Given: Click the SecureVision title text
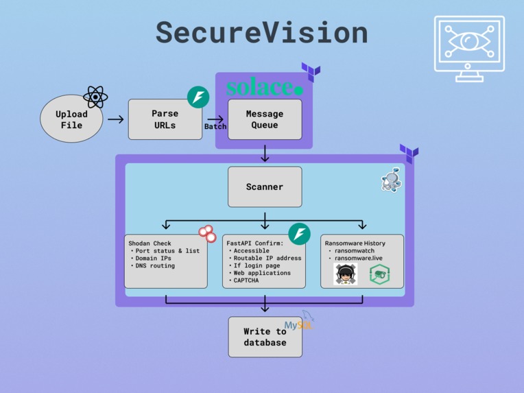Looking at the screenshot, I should (x=261, y=33).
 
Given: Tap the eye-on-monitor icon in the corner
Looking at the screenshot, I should (x=468, y=49).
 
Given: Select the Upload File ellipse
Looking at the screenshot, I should (x=71, y=119).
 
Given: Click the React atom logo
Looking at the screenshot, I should (x=95, y=97).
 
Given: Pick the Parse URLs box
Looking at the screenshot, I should (x=165, y=119).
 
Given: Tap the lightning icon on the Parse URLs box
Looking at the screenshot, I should (x=198, y=97).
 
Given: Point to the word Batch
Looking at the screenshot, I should (x=215, y=127).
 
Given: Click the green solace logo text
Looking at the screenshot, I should (x=263, y=88).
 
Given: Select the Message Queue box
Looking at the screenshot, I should (x=265, y=119).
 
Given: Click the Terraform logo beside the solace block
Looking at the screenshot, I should (x=311, y=71).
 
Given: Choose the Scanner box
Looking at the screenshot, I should (x=265, y=187).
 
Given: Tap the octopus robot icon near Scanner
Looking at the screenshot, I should (x=391, y=180).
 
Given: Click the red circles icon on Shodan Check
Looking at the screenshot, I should (x=207, y=233).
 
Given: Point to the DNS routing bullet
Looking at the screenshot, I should (x=155, y=265).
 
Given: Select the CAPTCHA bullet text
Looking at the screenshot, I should (x=247, y=280).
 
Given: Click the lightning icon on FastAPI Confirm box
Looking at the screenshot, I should (x=299, y=234).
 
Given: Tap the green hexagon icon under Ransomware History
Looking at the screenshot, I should (x=379, y=274).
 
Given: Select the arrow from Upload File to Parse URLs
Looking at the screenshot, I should (x=116, y=119).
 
